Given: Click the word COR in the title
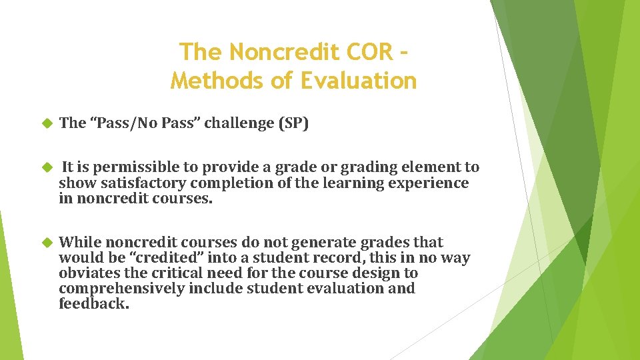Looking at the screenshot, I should coord(371,51).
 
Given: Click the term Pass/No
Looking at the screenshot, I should coord(119,123).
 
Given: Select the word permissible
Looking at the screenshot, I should coord(127,167).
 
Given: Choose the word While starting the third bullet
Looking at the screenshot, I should coord(80,242).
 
